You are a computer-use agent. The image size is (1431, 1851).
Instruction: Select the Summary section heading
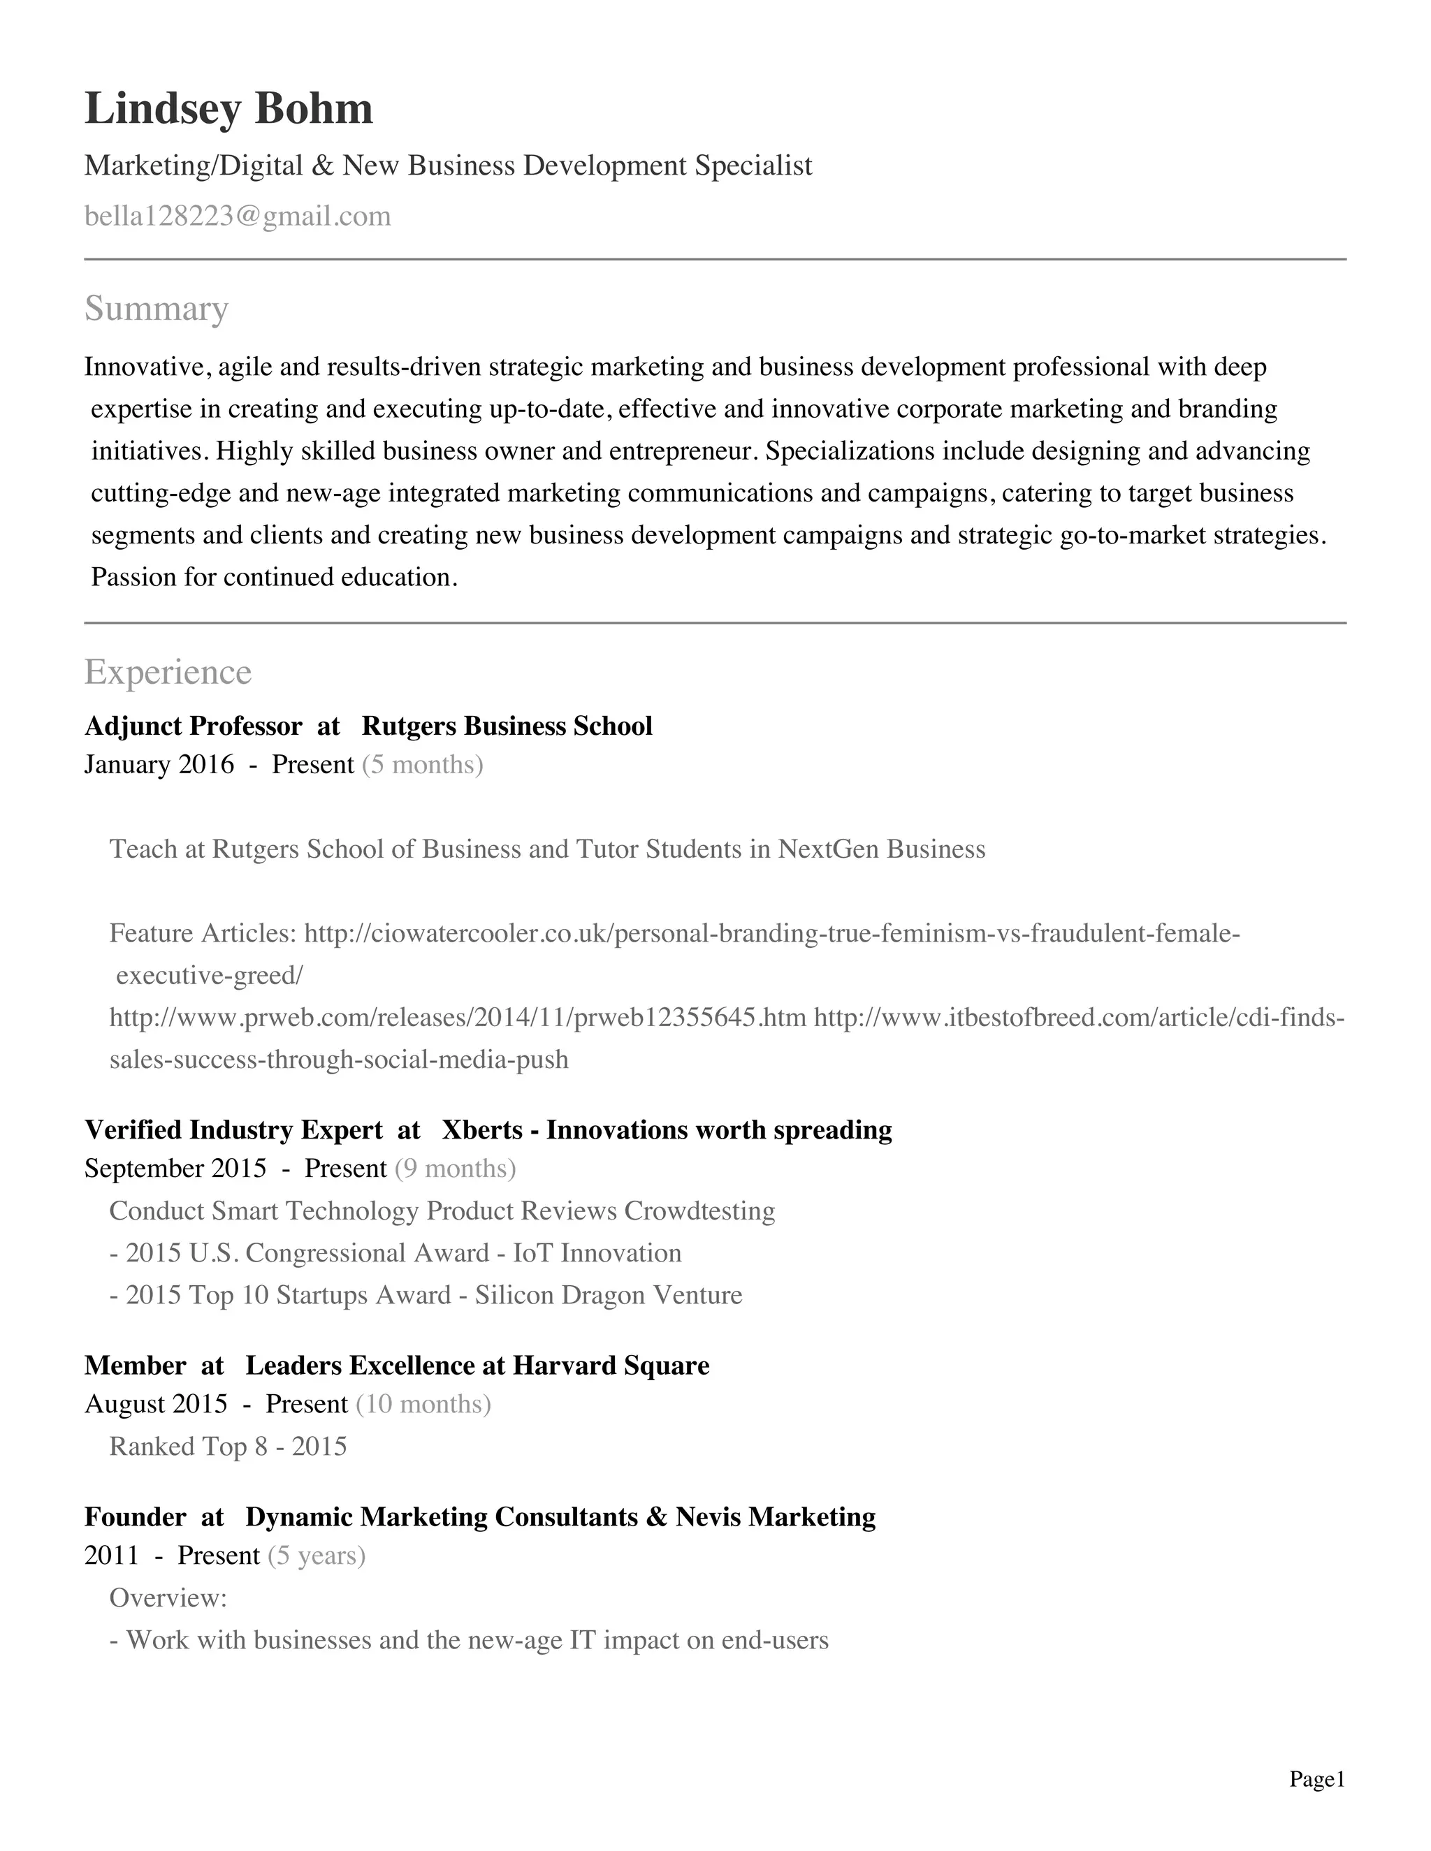coord(156,309)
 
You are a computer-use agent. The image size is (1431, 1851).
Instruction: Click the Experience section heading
coord(168,672)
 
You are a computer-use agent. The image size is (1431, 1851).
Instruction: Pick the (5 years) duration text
coord(317,1556)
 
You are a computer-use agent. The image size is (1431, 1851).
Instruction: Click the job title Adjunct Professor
coord(194,726)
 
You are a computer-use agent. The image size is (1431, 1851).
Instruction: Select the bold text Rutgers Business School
coord(507,726)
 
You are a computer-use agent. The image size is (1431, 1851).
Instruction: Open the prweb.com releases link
coord(458,1017)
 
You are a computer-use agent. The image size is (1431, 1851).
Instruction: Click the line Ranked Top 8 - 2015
coord(228,1446)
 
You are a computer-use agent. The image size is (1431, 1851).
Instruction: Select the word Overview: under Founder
coord(168,1597)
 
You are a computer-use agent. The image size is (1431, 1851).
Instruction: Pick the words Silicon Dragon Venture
coord(608,1295)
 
